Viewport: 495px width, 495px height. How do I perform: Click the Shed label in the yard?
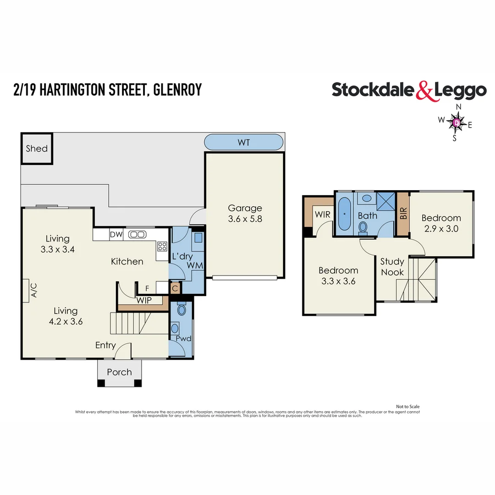37,148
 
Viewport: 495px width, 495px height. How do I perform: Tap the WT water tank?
243,142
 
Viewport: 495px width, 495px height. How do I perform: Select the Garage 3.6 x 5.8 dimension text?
245,219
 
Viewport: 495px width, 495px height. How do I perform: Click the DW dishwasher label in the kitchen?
116,235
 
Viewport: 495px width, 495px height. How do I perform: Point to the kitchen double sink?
137,235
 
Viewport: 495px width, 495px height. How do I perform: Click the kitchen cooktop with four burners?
162,247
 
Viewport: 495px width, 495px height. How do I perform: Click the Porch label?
119,372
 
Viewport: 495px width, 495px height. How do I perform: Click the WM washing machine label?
197,266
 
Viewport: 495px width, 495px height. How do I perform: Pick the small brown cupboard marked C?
175,288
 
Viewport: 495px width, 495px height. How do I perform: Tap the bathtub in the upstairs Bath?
344,214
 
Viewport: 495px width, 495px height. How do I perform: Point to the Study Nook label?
392,267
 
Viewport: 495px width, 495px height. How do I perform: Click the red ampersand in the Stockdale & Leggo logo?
424,90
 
